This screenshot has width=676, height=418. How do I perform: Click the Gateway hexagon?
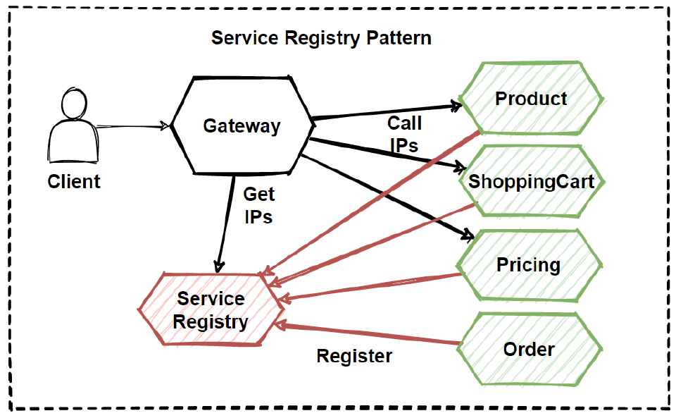[242, 125]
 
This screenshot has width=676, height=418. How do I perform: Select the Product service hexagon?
[531, 99]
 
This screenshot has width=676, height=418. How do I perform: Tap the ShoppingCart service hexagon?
[532, 181]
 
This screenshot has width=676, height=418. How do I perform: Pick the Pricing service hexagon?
[529, 265]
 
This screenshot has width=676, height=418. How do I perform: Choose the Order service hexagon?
[529, 349]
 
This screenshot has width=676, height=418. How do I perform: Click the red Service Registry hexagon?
[211, 311]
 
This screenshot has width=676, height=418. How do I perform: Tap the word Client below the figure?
[74, 182]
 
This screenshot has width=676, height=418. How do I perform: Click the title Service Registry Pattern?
[321, 37]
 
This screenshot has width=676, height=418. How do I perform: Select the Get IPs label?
[258, 205]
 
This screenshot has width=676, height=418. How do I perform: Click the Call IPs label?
[404, 134]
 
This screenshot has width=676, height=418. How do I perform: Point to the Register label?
[354, 356]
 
